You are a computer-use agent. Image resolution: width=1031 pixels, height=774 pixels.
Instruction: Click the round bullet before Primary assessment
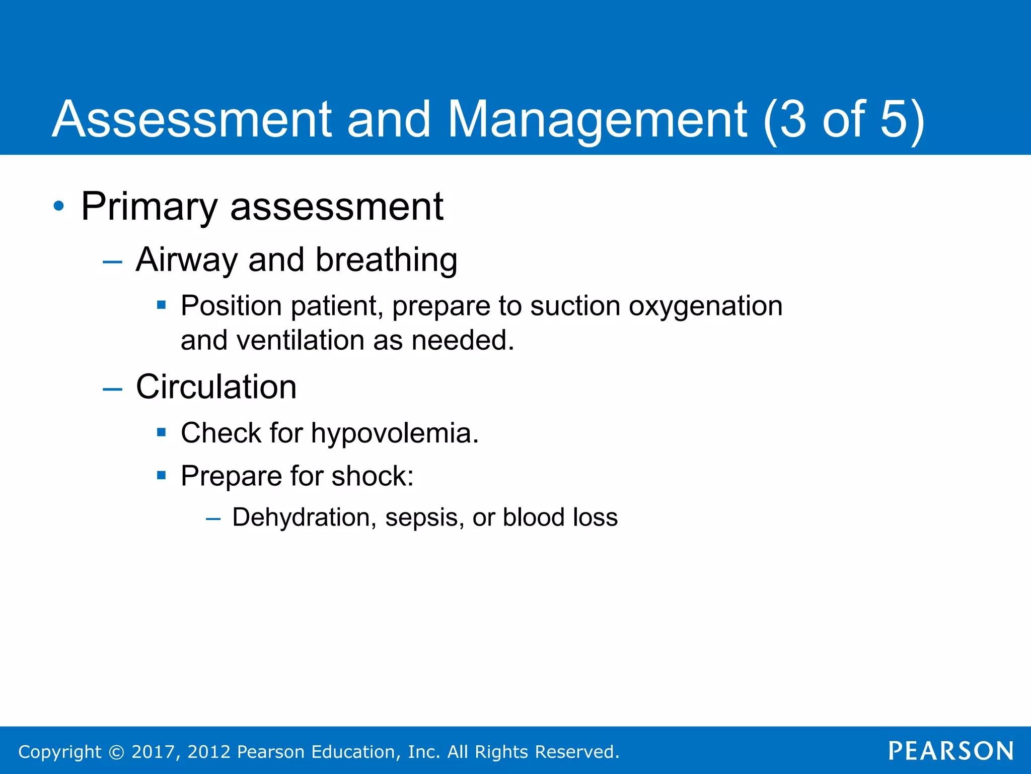59,206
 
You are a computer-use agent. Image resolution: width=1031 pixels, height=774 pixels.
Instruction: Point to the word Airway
186,261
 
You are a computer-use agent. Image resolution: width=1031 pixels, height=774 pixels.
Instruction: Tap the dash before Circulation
112,389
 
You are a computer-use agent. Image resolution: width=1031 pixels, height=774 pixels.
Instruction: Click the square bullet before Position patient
161,304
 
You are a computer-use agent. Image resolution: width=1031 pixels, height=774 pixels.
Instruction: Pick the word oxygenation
705,306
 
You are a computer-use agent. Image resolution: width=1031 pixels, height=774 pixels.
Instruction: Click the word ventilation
300,341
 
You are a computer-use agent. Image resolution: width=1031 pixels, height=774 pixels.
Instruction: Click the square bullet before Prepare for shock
161,475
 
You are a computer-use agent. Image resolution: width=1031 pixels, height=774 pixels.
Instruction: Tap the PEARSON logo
950,751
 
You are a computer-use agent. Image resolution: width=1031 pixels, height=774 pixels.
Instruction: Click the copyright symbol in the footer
116,752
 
